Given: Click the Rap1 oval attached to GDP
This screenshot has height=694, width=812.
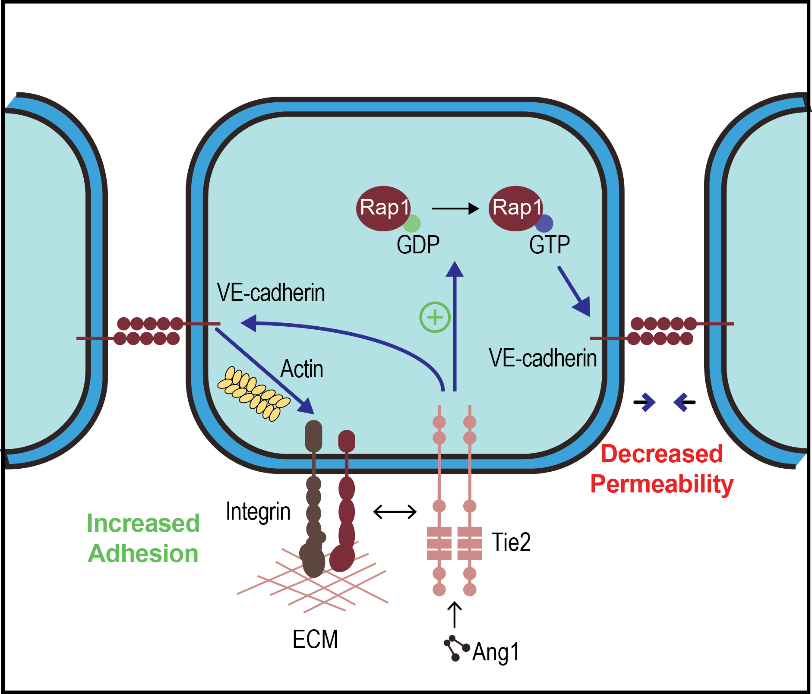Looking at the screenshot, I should (382, 208).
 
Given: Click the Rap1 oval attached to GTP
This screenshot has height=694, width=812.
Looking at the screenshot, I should (515, 208).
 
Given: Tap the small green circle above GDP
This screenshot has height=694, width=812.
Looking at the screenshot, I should (412, 224).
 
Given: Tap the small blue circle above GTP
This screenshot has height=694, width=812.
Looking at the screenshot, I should (544, 224).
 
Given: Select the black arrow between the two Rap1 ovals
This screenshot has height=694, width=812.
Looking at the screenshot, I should (455, 208).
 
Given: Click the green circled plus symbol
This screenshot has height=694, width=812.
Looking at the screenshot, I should (435, 317).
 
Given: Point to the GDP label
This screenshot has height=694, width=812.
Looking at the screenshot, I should (418, 245).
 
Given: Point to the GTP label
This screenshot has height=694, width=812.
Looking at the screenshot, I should (550, 245).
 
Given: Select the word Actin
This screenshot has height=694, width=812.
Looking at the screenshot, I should (302, 369).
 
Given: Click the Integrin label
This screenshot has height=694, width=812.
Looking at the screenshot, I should (258, 511).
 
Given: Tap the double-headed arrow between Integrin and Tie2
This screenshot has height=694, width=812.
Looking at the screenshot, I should (395, 512).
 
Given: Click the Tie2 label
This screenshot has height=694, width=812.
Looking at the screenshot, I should (511, 542).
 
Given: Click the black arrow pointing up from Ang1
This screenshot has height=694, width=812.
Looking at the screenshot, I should (454, 615).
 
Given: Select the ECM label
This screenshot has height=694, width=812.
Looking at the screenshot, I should (315, 639).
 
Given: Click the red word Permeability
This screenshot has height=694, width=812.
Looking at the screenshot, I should (661, 484).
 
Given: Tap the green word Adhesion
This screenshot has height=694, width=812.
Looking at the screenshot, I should (143, 553).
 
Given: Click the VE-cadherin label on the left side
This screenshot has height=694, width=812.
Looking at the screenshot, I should (271, 293).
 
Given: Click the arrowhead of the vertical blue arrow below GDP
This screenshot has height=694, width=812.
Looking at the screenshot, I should (454, 270).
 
